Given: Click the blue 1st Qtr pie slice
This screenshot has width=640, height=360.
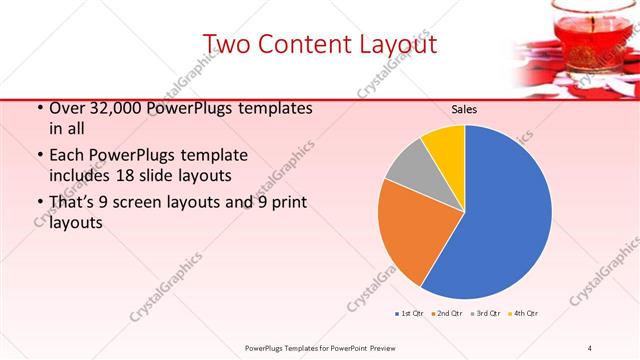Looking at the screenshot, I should click(500, 220).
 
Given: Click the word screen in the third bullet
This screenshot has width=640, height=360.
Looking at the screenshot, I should click(165, 203).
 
